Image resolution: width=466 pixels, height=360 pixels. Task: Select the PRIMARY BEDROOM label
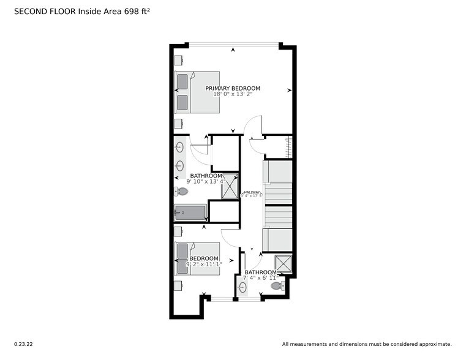233,88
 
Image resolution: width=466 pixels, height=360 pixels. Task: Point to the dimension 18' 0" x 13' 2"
233,94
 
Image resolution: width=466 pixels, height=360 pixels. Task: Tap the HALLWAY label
252,192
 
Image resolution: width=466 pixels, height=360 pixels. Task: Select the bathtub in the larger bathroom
190,213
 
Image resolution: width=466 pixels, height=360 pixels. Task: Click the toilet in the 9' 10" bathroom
181,192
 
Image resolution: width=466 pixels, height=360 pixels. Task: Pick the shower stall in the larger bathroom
230,187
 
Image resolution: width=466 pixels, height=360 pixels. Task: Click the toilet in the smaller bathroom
277,285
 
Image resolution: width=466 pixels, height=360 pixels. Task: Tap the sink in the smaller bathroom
242,286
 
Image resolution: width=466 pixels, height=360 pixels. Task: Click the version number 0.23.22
24,344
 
